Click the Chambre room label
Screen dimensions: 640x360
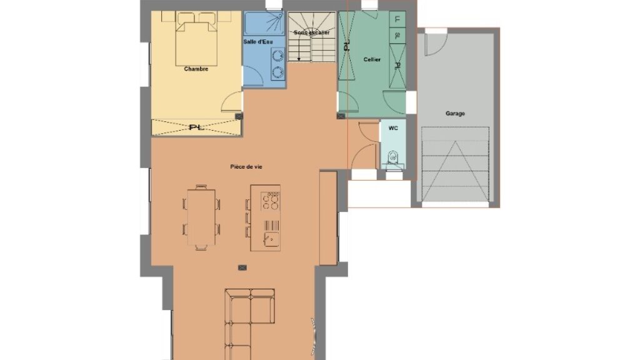point(196,69)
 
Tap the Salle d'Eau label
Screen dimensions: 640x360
point(258,42)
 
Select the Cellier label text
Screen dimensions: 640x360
point(372,59)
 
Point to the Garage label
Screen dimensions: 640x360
point(455,114)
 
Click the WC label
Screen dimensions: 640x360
point(393,128)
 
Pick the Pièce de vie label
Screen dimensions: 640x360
point(246,166)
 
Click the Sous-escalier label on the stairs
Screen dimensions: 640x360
point(311,32)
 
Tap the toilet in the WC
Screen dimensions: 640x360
point(393,158)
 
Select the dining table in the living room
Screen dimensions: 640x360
point(201,217)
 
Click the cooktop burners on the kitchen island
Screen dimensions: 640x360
point(270,201)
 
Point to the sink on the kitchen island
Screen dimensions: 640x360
point(271,239)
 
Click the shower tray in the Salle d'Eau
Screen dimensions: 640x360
point(264,23)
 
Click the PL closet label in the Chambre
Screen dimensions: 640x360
point(196,127)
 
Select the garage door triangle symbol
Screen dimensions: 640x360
point(455,171)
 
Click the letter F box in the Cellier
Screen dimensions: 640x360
point(397,19)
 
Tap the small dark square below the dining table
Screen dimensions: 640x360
point(242,267)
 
